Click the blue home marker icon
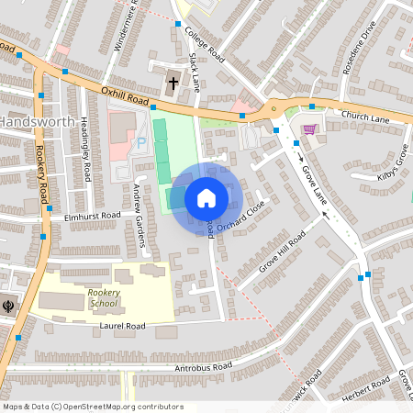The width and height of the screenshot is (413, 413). tap(206, 197)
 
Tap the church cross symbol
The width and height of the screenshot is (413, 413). tap(173, 84)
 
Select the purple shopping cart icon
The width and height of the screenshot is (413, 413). tap(309, 129)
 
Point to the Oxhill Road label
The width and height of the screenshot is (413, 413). tap(125, 95)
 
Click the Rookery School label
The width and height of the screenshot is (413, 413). tap(103, 297)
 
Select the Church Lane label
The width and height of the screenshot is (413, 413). tap(365, 117)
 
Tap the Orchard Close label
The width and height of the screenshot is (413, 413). tap(240, 216)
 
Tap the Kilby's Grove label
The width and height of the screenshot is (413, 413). tap(392, 165)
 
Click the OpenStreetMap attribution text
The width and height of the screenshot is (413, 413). tap(92, 407)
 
